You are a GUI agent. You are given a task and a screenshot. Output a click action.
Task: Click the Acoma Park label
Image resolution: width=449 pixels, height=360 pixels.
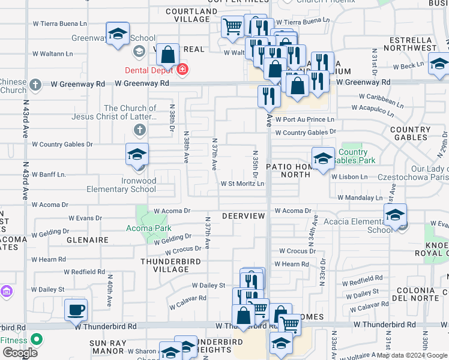click(x=149, y=228)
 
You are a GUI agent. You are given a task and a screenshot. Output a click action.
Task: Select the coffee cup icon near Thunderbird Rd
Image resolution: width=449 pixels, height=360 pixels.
click(x=76, y=310)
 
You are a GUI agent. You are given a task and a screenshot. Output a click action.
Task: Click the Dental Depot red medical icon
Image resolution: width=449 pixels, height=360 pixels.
click(x=182, y=70)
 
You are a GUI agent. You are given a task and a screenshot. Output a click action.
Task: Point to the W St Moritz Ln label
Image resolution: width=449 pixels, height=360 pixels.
click(x=243, y=184)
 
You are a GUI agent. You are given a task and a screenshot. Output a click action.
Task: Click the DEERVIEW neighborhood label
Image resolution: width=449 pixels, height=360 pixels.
click(x=243, y=215)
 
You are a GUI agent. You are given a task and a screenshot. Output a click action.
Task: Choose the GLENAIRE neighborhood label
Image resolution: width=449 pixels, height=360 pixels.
click(x=88, y=240)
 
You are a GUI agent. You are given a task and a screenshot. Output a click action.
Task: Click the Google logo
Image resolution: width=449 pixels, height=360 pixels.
click(x=20, y=353)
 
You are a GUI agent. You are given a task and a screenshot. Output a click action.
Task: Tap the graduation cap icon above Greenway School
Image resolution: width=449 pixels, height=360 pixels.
click(x=118, y=34)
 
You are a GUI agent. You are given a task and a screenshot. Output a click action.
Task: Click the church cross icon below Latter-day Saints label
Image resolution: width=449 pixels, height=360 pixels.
click(x=139, y=130)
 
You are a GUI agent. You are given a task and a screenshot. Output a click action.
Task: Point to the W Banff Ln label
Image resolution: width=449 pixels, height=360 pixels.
click(x=49, y=175)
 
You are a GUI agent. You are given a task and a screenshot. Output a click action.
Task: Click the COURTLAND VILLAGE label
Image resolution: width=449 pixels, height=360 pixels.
click(x=191, y=15)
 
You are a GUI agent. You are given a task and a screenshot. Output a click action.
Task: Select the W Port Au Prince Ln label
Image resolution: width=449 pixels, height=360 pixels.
click(x=304, y=120)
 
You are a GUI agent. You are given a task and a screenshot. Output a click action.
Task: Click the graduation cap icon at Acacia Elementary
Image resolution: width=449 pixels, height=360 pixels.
click(x=396, y=215)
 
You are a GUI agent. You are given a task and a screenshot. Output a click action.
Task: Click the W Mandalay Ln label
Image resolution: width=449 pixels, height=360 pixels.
click(x=360, y=197)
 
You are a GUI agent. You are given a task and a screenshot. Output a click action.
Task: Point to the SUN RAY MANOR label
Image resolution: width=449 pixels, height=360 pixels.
click(x=107, y=347)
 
